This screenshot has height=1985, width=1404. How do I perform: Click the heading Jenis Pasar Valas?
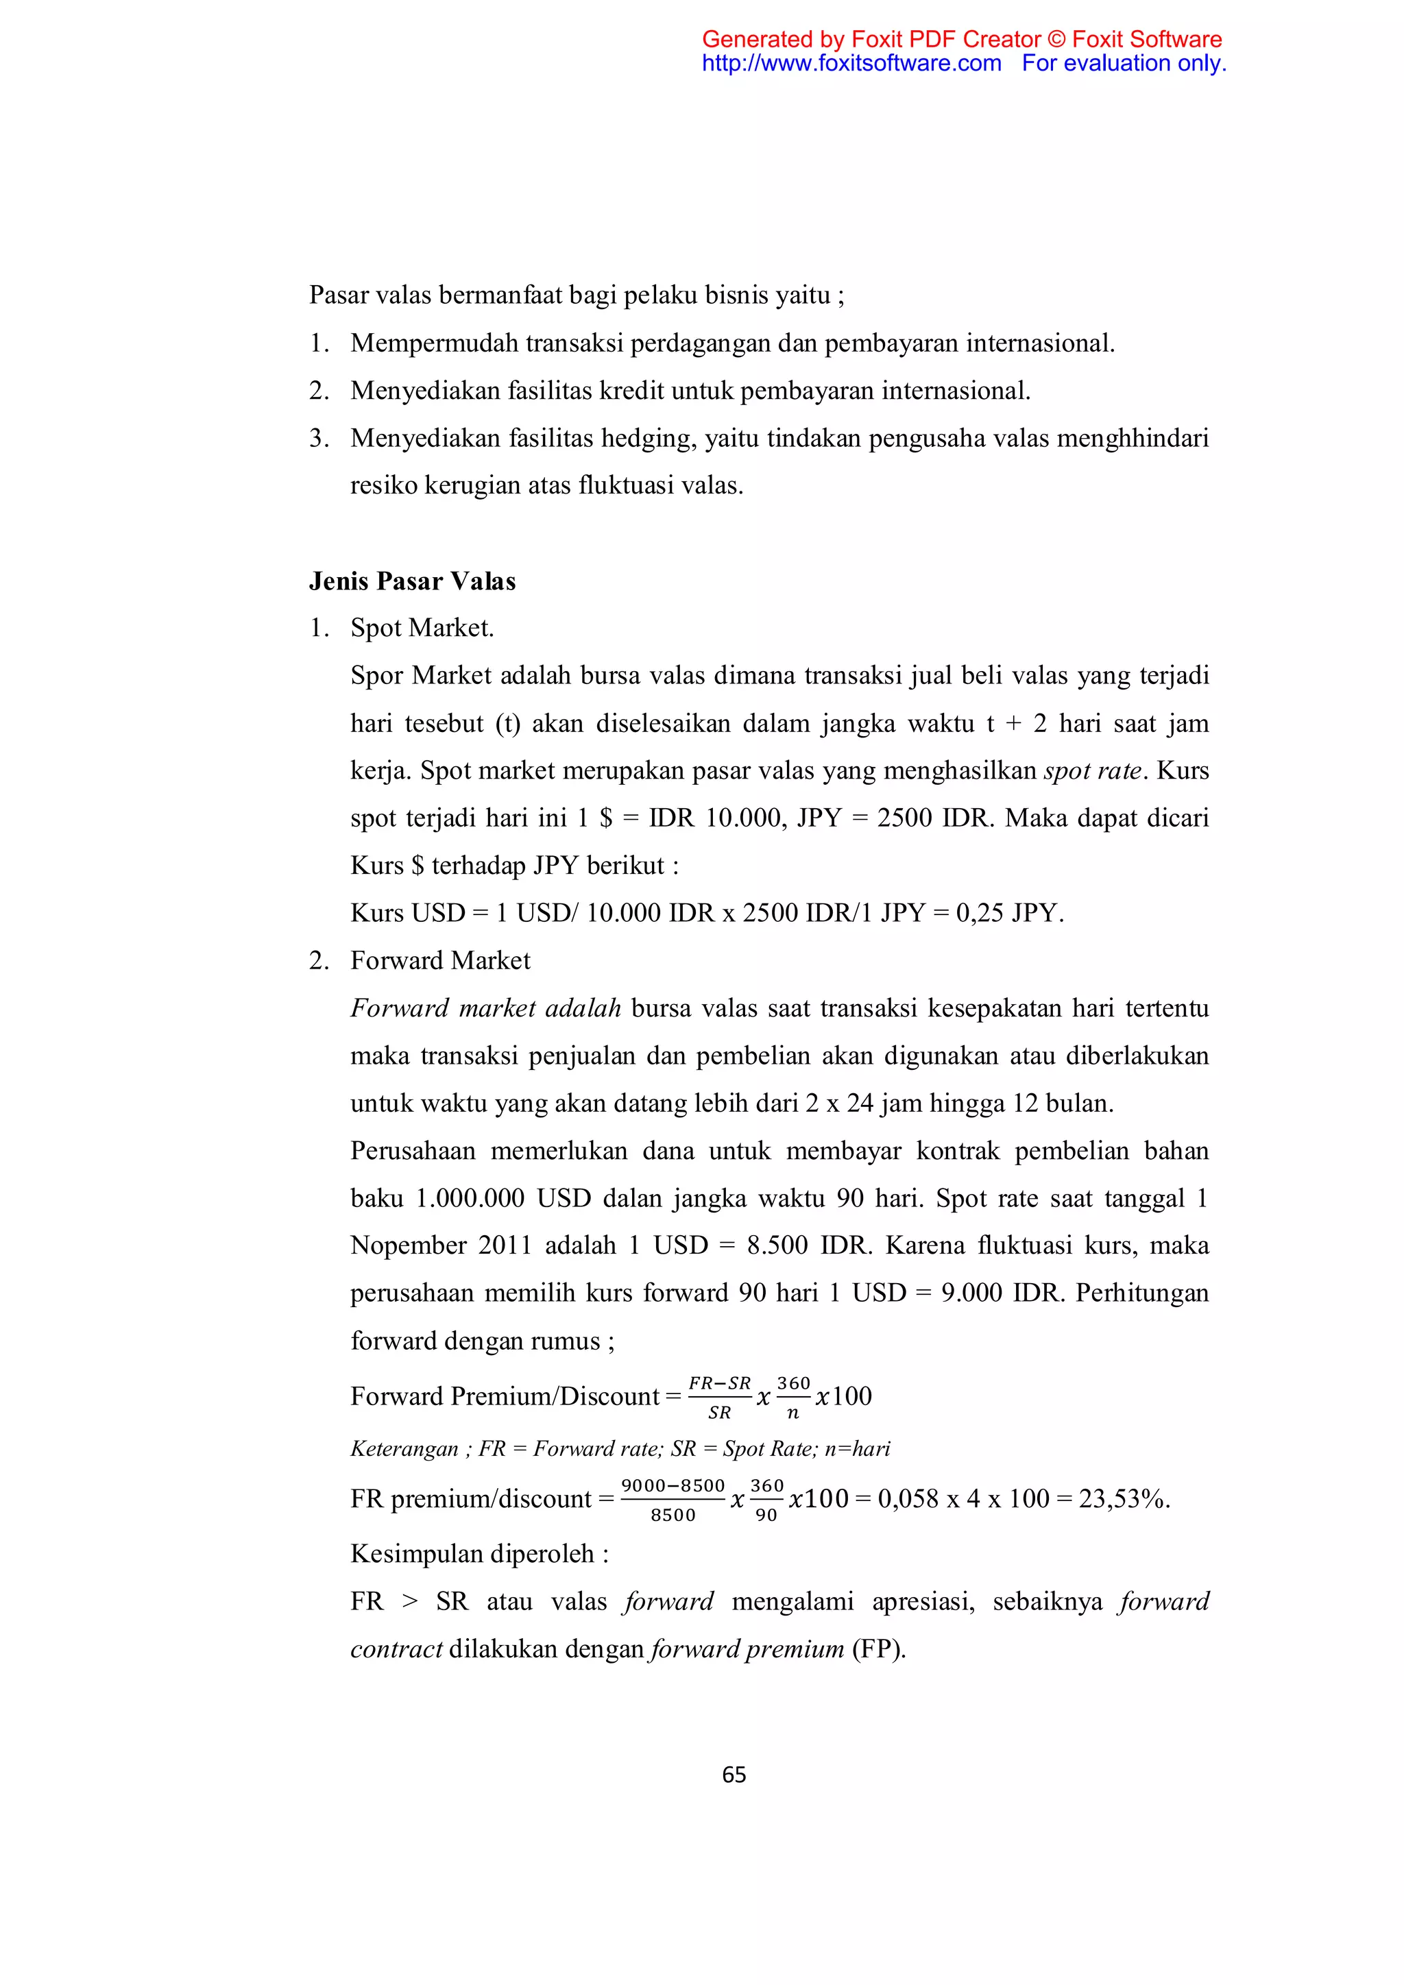tap(413, 581)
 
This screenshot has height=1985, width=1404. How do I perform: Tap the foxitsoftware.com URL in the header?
tap(851, 63)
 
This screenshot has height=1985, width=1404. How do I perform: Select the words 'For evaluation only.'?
tap(1123, 63)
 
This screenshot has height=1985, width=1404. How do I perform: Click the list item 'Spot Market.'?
tap(422, 628)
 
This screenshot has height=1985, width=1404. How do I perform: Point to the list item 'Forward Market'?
tap(440, 960)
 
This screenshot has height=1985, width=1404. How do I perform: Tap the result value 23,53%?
tap(1123, 1498)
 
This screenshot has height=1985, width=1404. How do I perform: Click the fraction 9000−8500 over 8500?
tap(673, 1499)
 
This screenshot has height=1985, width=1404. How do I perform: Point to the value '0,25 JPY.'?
tap(1010, 913)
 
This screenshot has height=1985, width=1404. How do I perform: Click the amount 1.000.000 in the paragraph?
tap(470, 1198)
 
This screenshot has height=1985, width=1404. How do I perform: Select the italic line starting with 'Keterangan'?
tap(620, 1448)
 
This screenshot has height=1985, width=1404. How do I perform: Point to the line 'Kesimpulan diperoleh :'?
tap(479, 1554)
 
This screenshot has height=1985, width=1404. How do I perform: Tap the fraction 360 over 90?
tap(766, 1499)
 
